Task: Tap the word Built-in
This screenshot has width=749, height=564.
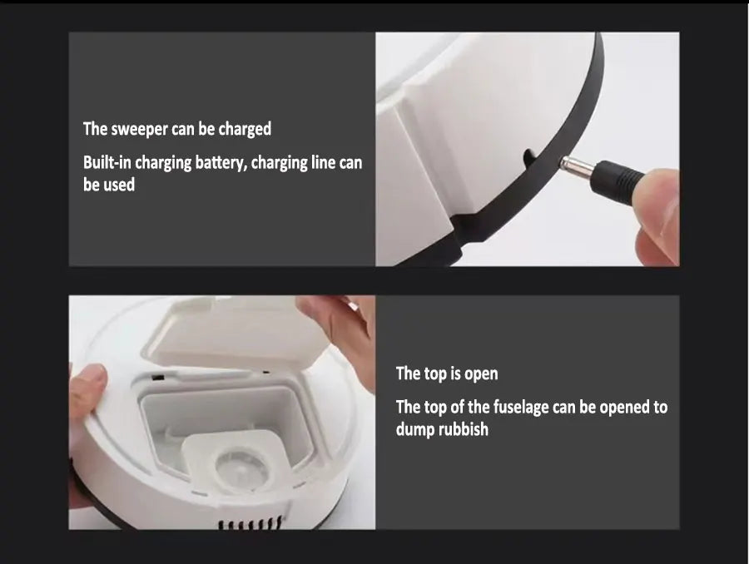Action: (109, 162)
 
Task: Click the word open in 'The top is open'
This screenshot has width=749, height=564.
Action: (481, 374)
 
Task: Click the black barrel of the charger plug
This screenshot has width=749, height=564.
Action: (620, 176)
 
